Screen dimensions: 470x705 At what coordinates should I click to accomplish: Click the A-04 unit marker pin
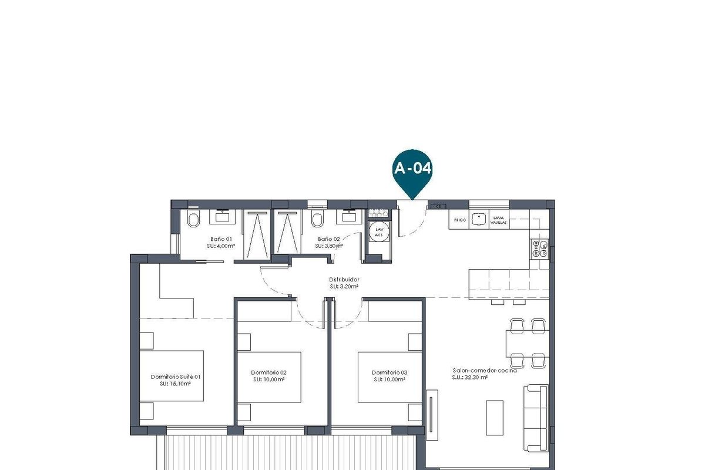[412, 170]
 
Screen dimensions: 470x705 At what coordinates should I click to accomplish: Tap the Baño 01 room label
[221, 239]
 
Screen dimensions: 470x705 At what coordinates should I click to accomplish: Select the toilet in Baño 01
[193, 220]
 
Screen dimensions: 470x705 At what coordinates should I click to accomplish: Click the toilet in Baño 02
[318, 220]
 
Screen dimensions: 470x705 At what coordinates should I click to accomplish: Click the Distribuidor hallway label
[344, 280]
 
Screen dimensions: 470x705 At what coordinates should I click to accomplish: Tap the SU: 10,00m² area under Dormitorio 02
[269, 380]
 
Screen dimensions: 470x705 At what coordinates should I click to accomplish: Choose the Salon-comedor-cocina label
[484, 371]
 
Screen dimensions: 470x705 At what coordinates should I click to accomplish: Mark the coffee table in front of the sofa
[495, 417]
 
